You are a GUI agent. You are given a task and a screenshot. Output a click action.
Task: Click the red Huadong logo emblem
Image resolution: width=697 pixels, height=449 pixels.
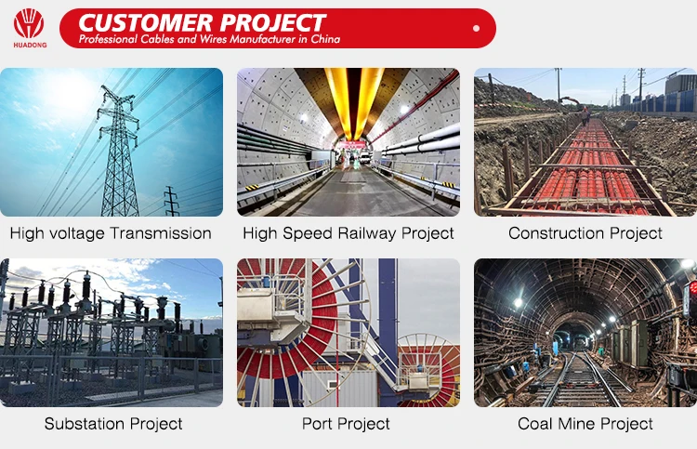coord(29,23)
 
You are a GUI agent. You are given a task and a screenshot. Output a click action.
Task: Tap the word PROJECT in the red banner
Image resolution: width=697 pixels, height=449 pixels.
coord(273,22)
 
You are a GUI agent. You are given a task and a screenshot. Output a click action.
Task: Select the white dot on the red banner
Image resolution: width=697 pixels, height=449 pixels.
coord(476,28)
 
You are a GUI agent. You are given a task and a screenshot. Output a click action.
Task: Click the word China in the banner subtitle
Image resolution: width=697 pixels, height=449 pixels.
coord(325,39)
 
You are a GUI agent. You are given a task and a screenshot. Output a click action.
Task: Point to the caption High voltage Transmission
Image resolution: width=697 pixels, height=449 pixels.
coord(111,233)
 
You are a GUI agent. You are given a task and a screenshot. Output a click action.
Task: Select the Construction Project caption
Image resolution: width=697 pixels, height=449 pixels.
coord(585,233)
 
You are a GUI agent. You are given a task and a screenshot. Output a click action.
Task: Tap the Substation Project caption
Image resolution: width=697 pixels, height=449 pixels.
coord(113,424)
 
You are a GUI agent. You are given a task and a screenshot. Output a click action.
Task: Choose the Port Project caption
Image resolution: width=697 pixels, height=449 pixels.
coord(346,424)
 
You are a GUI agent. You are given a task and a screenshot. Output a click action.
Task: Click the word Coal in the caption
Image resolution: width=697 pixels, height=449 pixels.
coord(534,424)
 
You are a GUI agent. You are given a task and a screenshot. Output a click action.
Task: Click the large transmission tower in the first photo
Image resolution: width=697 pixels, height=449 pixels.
coord(118,152)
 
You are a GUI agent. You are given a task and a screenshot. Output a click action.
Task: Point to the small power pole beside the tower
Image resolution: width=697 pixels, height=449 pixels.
coord(171,201)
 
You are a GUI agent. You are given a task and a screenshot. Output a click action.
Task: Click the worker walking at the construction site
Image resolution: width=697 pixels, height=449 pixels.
coord(585,116)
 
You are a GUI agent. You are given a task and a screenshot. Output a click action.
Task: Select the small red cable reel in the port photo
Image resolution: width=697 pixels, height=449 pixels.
coord(430,370)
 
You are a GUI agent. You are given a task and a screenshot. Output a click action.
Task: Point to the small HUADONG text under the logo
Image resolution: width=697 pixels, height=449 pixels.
coord(30,45)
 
